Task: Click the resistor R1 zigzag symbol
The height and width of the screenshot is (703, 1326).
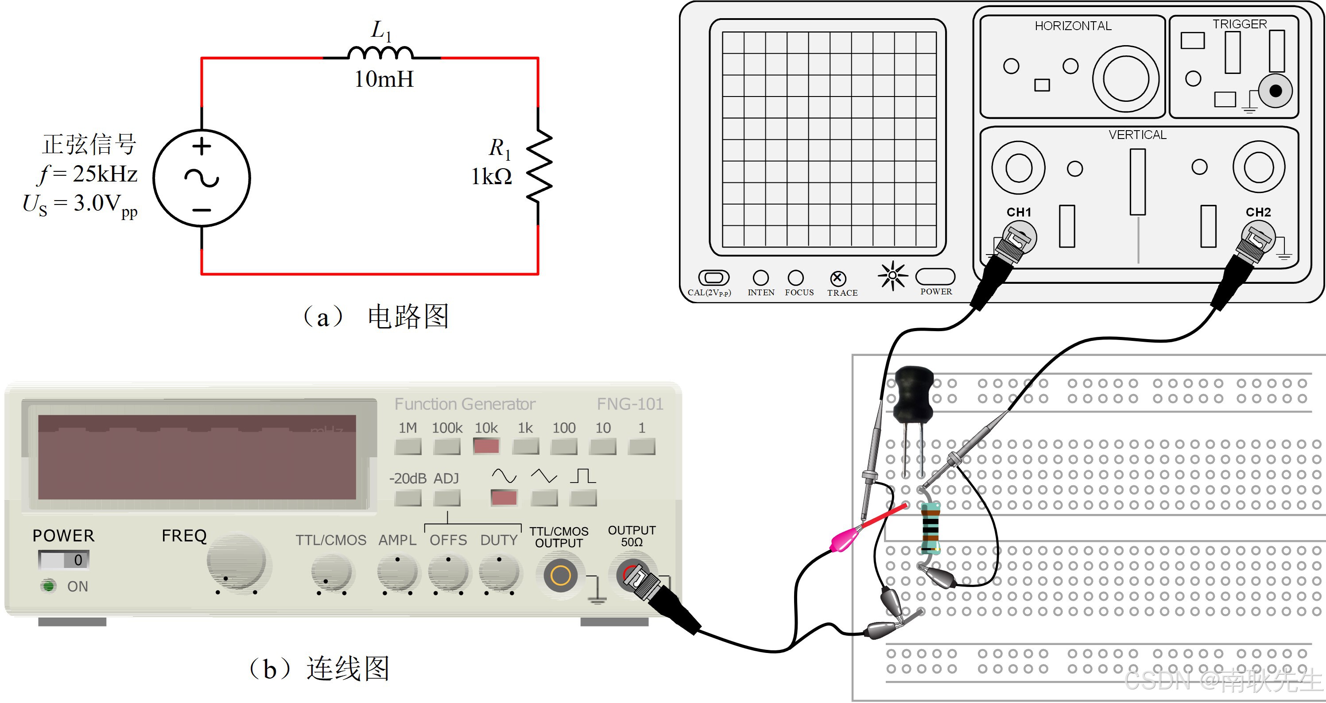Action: click(539, 166)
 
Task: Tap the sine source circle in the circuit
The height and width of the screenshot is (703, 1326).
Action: click(202, 178)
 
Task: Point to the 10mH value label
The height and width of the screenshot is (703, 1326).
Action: click(384, 79)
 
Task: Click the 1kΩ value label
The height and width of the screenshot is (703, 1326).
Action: click(492, 177)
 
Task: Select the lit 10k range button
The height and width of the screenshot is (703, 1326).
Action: click(486, 446)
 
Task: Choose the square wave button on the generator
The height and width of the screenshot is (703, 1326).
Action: click(583, 498)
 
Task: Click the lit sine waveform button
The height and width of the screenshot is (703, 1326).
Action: click(504, 498)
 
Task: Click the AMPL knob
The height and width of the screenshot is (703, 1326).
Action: click(397, 572)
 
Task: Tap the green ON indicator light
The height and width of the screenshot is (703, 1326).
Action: click(49, 586)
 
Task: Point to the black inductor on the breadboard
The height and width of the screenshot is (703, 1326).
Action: click(914, 394)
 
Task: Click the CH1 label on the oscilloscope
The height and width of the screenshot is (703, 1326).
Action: click(1019, 212)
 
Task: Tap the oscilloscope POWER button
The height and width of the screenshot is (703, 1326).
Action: click(935, 277)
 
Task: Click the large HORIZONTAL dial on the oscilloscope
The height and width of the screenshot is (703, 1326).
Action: click(1126, 79)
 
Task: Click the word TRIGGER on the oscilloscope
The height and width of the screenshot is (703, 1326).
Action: click(1240, 24)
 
